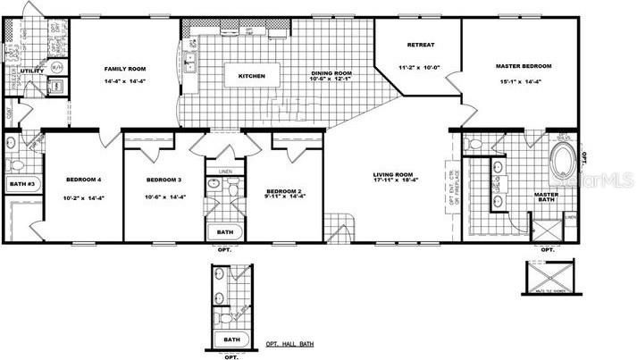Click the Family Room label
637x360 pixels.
coord(125,69)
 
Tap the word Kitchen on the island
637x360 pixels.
coord(251,77)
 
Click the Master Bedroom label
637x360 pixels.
coord(524,67)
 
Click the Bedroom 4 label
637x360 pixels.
coord(83,179)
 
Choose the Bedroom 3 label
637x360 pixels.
coord(163,179)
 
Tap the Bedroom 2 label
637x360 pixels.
coord(284,191)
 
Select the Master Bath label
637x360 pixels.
coord(546,198)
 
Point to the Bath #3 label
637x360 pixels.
coord(20,185)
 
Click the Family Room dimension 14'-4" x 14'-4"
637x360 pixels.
coord(125,82)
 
